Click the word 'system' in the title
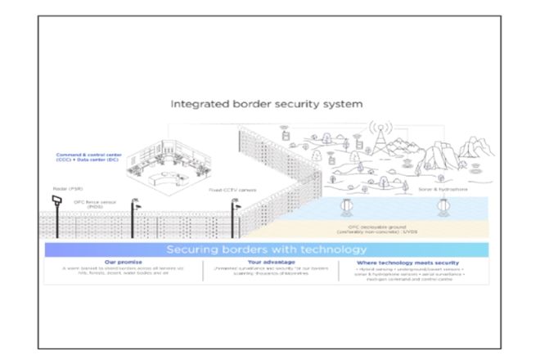coord(346,105)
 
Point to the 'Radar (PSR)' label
coord(60,189)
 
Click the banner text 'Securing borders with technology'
coord(269,249)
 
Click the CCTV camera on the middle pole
coord(139,206)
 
